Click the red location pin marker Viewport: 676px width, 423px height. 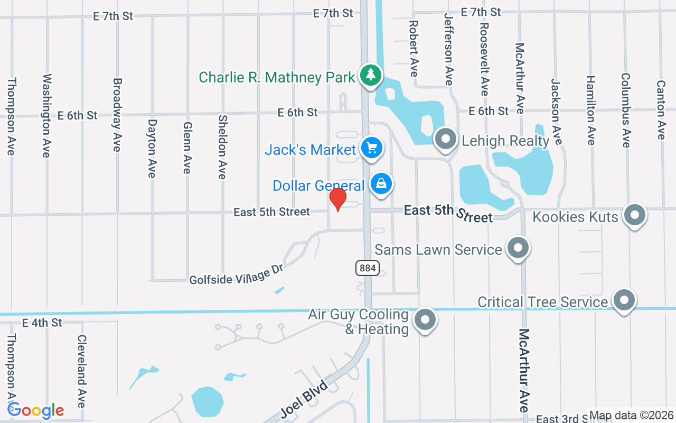pyautogui.click(x=338, y=199)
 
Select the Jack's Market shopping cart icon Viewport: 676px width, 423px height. pyautogui.click(x=372, y=148)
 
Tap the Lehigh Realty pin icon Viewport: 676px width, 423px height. pyautogui.click(x=445, y=139)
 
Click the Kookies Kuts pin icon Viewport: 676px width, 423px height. pyautogui.click(x=634, y=215)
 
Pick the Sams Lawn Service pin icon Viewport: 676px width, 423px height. pyautogui.click(x=518, y=247)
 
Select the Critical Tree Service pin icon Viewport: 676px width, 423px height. pyautogui.click(x=624, y=300)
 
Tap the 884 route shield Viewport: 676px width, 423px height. pyautogui.click(x=368, y=268)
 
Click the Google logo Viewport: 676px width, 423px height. pyautogui.click(x=36, y=410)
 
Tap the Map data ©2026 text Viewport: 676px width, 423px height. pyautogui.click(x=632, y=416)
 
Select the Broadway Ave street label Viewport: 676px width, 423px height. pyautogui.click(x=117, y=115)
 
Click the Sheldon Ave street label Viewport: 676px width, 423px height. pyautogui.click(x=222, y=147)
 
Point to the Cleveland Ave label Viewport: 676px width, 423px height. pyautogui.click(x=81, y=371)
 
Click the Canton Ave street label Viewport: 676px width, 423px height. pyautogui.click(x=660, y=109)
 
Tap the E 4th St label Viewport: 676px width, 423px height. pyautogui.click(x=42, y=323)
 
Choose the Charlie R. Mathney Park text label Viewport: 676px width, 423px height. pyautogui.click(x=277, y=78)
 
